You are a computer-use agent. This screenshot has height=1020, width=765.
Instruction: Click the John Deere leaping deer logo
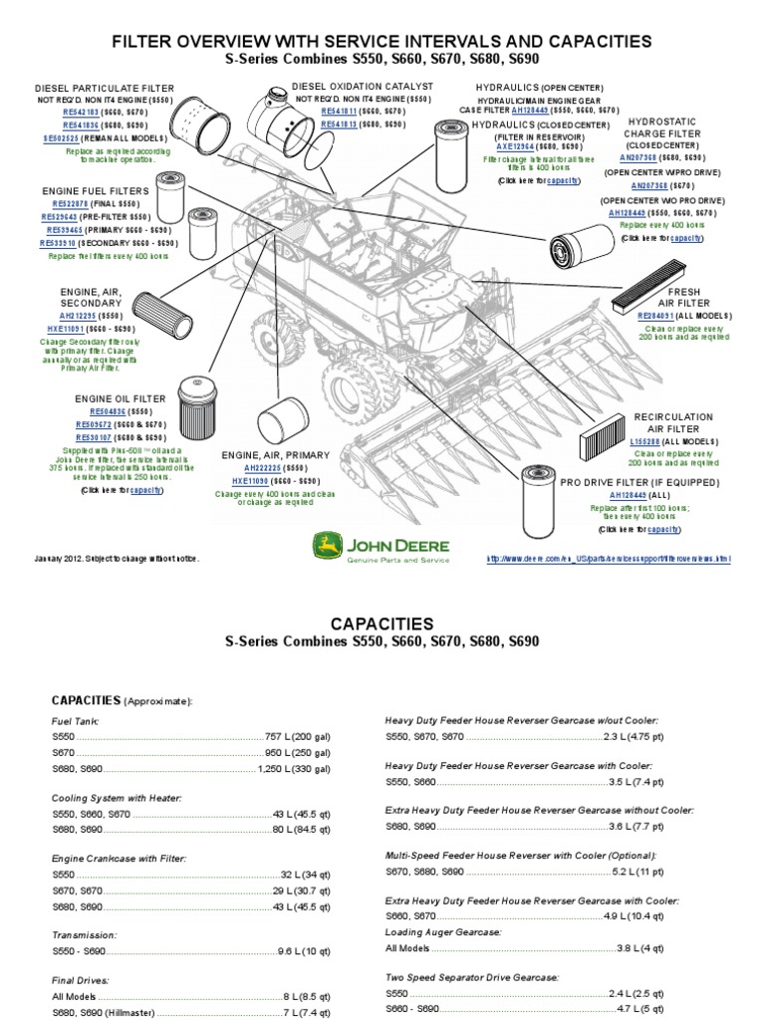tap(325, 546)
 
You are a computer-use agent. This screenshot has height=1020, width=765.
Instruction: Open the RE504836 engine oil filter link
tap(109, 410)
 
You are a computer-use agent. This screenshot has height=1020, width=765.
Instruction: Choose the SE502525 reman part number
tap(63, 139)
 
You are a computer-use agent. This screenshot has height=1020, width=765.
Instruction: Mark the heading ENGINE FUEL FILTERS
tap(96, 189)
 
